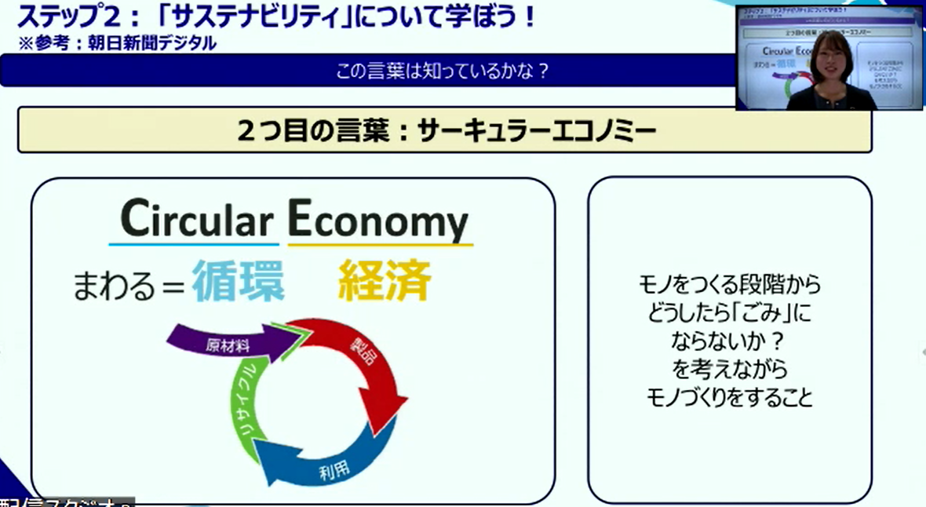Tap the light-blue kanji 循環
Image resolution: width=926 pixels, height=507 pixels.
click(x=239, y=281)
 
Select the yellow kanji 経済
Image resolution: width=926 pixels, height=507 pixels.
click(x=385, y=281)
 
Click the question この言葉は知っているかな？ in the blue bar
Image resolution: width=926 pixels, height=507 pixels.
click(x=442, y=71)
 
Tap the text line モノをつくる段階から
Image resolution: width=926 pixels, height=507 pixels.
click(x=729, y=285)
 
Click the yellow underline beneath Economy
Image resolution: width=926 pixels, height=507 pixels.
click(x=380, y=245)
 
